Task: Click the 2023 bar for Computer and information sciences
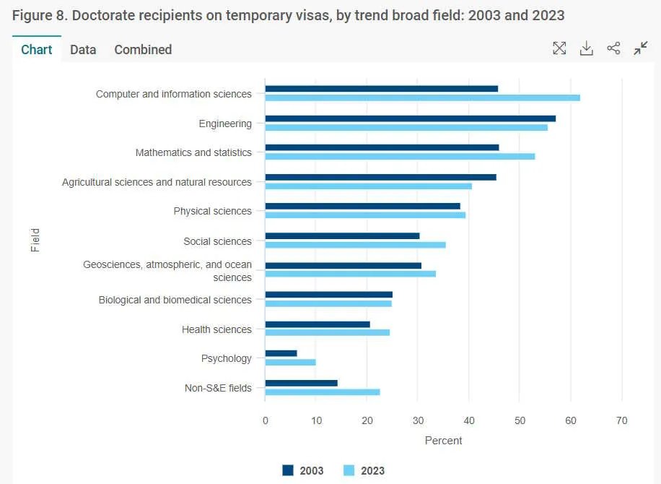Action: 422,98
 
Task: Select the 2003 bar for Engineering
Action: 410,118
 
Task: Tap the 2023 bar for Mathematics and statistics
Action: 400,156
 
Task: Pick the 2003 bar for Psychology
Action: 281,353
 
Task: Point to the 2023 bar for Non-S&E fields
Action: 323,392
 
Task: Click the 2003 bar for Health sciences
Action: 318,324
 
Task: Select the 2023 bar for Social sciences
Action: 355,245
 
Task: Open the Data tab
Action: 83,49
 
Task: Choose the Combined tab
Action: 143,49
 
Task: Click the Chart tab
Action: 37,49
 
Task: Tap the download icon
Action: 587,48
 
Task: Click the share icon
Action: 613,48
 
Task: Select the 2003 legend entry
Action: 303,470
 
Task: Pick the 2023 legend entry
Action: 364,470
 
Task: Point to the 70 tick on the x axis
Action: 621,420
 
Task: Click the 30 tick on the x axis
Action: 418,420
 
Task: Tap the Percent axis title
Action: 443,440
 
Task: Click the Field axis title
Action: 35,240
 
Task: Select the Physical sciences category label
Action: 212,211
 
